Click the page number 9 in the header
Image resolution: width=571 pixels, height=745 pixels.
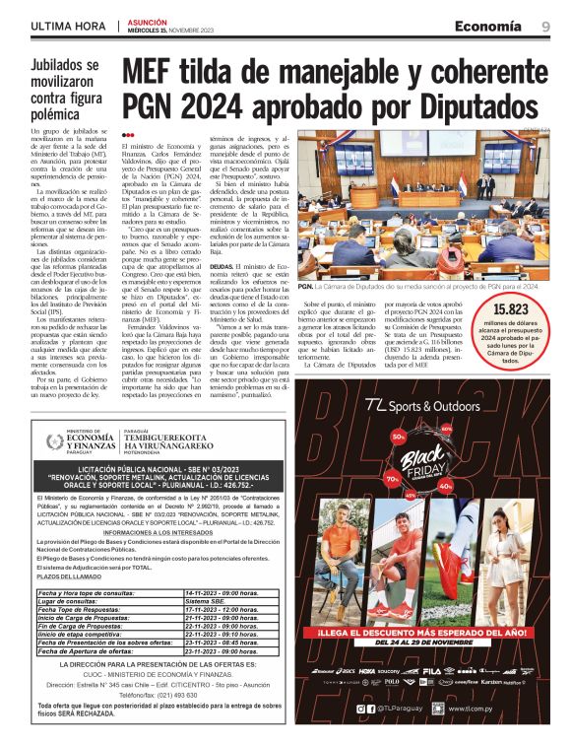click(x=544, y=27)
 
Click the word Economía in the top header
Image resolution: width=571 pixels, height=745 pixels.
click(x=487, y=27)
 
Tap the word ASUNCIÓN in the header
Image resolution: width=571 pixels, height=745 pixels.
click(x=150, y=21)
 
